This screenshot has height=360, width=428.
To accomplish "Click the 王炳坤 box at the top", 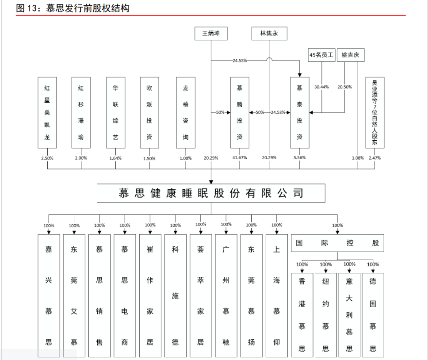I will pos(211,34).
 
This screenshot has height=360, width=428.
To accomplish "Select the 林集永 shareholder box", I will pos(269,34).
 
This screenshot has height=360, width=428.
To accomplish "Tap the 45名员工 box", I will pos(321,55).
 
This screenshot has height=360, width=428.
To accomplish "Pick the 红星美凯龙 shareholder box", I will pos(47,112).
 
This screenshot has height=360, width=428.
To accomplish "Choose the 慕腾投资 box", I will pos(240,112).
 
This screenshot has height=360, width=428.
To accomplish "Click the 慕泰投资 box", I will pos(299,112).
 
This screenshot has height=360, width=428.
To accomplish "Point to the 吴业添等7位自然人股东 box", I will pos(374,112).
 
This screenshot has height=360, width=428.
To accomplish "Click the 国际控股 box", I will pos(337,243).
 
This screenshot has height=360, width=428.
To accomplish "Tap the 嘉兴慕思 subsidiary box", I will pos(49,295).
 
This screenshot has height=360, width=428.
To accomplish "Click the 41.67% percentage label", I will pos(240,158).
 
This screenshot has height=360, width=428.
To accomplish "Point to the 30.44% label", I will pos(321,87).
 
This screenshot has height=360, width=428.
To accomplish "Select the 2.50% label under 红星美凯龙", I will pos(47,158).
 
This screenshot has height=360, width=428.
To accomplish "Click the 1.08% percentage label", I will pos(357,158).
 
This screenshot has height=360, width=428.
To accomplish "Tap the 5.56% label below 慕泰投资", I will pos(299,158).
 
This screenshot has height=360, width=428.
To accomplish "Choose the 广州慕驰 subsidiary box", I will pos(226,295).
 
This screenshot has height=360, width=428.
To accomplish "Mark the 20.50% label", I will pos(345,87).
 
